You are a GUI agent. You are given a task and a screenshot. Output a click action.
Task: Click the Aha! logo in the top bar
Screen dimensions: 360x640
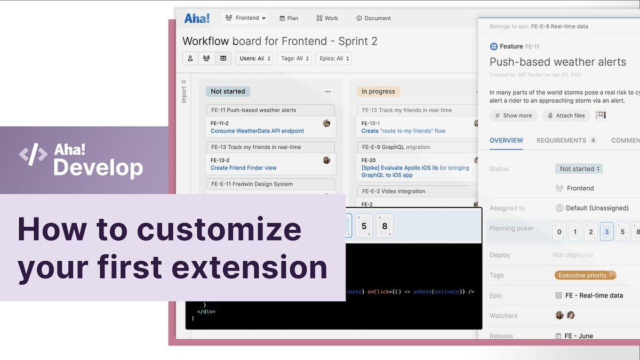point(197,18)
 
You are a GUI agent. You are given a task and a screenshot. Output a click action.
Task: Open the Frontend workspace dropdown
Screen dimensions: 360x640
point(246,18)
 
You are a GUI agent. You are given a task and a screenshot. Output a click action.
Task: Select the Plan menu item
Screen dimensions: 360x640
point(289,18)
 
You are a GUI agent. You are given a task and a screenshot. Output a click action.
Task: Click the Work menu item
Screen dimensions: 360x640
point(327,18)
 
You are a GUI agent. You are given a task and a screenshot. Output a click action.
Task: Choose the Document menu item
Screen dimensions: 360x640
point(373,18)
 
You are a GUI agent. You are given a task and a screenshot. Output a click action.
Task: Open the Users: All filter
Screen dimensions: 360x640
point(254,59)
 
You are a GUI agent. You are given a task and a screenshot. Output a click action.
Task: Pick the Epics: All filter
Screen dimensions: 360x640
point(333,59)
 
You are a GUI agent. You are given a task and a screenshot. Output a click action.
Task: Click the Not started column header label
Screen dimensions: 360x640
point(228,91)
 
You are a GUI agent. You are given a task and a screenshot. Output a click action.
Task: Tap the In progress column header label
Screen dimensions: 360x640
point(378,91)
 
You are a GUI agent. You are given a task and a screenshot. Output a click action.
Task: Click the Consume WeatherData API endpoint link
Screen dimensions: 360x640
point(257,131)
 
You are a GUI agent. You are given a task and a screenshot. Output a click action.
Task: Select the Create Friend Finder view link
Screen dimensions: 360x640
point(243,167)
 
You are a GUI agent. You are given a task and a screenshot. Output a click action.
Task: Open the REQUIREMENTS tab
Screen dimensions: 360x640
point(561,140)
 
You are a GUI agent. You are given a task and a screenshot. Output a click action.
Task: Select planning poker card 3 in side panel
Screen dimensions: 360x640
point(606,232)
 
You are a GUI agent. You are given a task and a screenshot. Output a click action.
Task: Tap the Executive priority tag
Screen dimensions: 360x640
point(583,275)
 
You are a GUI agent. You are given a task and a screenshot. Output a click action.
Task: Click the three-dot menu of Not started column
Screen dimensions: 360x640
point(327,91)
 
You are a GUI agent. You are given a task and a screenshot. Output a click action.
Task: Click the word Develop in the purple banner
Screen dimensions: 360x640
point(98,167)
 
